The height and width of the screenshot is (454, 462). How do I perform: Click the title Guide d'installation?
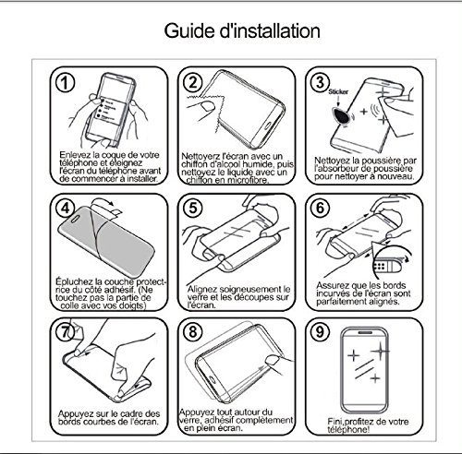pyautogui.click(x=242, y=31)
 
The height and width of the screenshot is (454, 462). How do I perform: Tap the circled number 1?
pyautogui.click(x=66, y=83)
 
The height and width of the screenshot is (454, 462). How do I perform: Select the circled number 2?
pyautogui.click(x=193, y=82)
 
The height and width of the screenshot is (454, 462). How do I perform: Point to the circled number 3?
pyautogui.click(x=321, y=82)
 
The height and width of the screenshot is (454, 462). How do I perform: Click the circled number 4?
pyautogui.click(x=66, y=209)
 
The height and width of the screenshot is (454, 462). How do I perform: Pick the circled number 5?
pyautogui.click(x=193, y=208)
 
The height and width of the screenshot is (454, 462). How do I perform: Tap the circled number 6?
pyautogui.click(x=321, y=208)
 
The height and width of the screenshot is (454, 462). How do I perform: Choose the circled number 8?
pyautogui.click(x=193, y=331)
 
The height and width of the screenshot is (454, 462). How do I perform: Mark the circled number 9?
pyautogui.click(x=321, y=331)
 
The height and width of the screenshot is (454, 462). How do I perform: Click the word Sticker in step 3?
pyautogui.click(x=338, y=91)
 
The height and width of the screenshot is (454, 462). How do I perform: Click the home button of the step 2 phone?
pyautogui.click(x=267, y=126)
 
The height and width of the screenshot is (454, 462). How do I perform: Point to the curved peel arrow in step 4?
pyautogui.click(x=103, y=201)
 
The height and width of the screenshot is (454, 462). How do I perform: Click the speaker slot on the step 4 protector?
pyautogui.click(x=75, y=218)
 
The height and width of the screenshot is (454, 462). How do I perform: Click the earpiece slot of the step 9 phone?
pyautogui.click(x=366, y=333)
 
